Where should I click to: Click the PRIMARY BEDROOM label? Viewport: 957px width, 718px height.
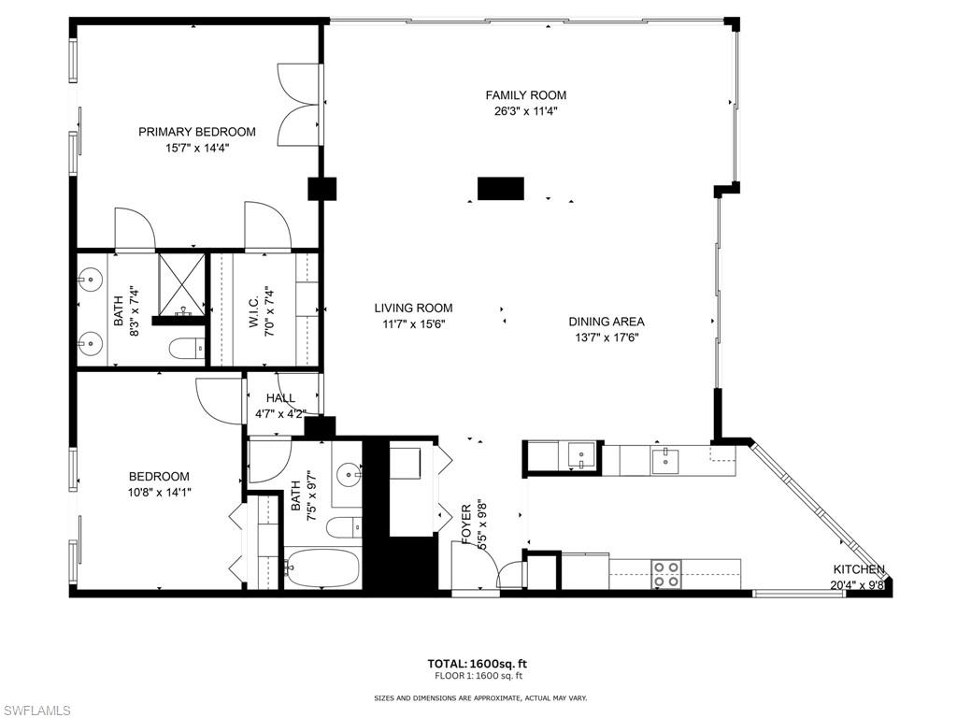coord(196,132)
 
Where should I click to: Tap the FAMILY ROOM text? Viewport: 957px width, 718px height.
coord(525,95)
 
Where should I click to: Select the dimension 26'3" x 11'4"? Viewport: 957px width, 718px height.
coord(525,111)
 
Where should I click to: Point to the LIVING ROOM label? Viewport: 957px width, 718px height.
coord(413,308)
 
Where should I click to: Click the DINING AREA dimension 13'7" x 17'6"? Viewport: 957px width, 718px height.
coord(607,337)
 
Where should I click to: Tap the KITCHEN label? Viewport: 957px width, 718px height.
coord(859,569)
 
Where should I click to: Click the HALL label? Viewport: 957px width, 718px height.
coord(280,398)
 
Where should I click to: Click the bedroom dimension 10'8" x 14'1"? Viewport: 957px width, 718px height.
coord(159,492)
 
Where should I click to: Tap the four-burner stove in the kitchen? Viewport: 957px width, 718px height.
coord(665,573)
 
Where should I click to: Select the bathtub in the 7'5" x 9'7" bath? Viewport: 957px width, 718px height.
coord(321,567)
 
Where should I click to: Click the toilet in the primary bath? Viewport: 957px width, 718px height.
coord(188,349)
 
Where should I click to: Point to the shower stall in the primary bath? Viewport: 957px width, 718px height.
coord(181,282)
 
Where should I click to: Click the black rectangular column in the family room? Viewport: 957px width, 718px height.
coord(501,188)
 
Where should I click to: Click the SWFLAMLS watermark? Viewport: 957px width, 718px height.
coord(36,711)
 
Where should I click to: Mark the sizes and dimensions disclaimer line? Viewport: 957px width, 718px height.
coord(480,697)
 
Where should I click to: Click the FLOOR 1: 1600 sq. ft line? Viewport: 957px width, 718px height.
coord(478,676)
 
